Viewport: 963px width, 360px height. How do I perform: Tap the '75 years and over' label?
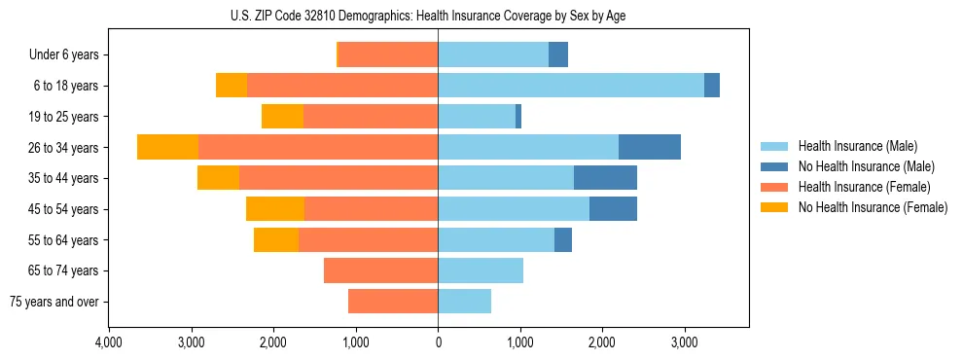point(54,302)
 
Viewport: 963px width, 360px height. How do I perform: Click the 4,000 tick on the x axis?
point(109,342)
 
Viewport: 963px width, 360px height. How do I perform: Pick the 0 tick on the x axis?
point(438,342)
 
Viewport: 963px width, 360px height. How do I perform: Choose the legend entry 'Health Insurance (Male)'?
point(857,146)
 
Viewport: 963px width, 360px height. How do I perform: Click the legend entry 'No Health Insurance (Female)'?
point(873,207)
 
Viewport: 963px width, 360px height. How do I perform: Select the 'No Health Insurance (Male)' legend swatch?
point(774,166)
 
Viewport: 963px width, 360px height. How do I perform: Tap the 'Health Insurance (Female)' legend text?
point(864,187)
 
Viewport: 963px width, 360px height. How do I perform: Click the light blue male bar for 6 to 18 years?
point(571,86)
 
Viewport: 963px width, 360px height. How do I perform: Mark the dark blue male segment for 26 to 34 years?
point(650,147)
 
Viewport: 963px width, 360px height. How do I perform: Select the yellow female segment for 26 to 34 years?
point(167,147)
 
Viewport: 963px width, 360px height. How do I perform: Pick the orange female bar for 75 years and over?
point(393,302)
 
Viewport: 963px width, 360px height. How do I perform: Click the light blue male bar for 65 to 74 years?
point(481,270)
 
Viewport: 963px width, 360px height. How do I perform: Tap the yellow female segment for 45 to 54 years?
point(275,209)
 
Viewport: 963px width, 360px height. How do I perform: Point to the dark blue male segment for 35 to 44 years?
point(605,178)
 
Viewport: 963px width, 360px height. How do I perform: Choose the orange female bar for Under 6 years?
point(388,55)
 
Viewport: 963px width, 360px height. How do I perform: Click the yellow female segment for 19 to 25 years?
point(282,117)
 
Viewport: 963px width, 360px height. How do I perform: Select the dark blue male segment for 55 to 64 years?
point(563,239)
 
